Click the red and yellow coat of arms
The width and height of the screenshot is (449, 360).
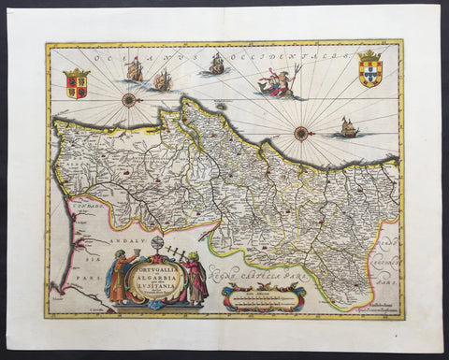76,83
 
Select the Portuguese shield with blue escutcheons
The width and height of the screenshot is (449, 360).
370,68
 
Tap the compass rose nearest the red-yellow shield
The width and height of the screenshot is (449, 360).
129,99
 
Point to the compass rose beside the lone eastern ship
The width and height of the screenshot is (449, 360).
301,133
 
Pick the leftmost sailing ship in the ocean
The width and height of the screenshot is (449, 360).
134,68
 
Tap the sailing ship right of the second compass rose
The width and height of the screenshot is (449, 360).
349,127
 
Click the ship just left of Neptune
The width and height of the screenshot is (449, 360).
217,64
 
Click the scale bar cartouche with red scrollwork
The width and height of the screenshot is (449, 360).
264,299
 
